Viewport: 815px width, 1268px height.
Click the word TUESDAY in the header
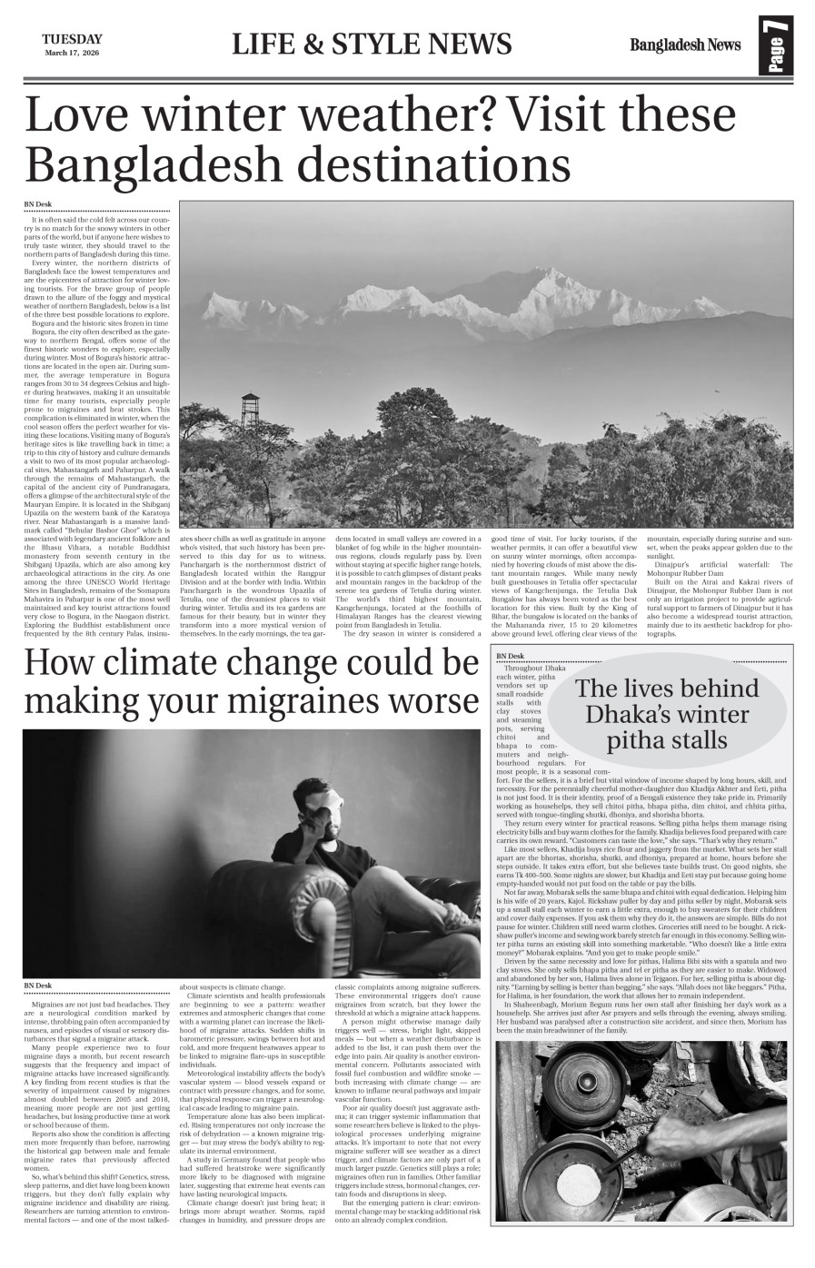pyautogui.click(x=71, y=39)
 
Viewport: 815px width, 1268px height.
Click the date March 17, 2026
pyautogui.click(x=71, y=53)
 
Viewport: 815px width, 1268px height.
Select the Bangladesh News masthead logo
pyautogui.click(x=685, y=45)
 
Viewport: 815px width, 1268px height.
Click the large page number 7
pyautogui.click(x=779, y=45)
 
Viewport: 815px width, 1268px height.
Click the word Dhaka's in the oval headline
pyautogui.click(x=641, y=713)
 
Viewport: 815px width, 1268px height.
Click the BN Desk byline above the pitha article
pyautogui.click(x=510, y=656)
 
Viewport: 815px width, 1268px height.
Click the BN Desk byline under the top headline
pyautogui.click(x=37, y=203)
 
